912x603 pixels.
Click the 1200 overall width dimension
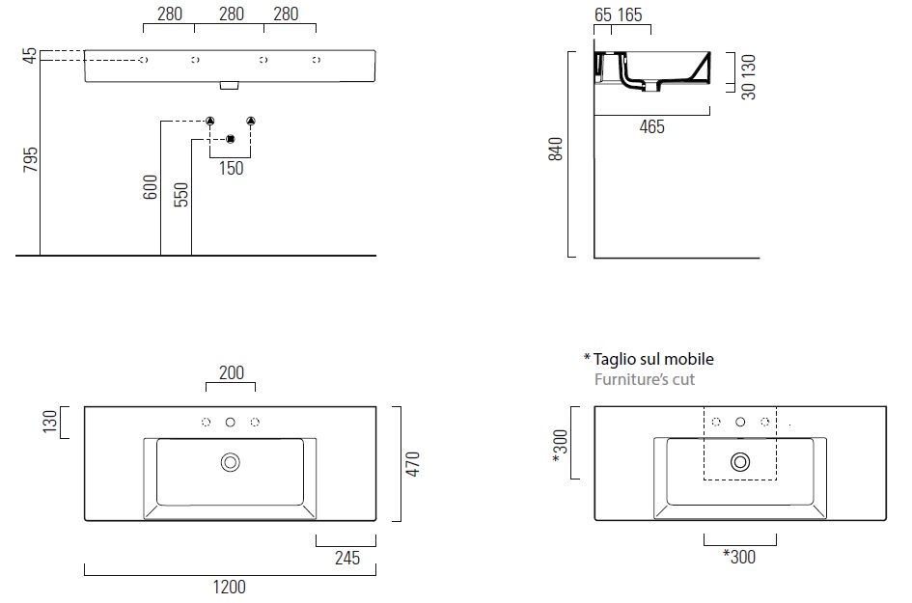coord(229,587)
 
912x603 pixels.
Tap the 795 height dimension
coord(29,159)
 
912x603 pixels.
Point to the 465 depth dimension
coord(652,126)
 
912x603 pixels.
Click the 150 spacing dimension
coord(231,169)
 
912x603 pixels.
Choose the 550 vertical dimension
coord(180,195)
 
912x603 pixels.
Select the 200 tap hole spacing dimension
coord(232,372)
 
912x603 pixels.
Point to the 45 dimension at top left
coord(30,56)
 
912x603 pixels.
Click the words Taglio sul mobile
coord(653,359)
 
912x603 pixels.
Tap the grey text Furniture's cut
coord(645,379)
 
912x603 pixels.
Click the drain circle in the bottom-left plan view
coord(231,462)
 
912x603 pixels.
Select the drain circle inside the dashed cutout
coord(740,462)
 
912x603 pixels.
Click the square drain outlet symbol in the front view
coord(230,137)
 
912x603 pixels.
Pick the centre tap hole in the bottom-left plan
coord(231,422)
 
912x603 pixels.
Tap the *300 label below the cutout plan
coord(739,557)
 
